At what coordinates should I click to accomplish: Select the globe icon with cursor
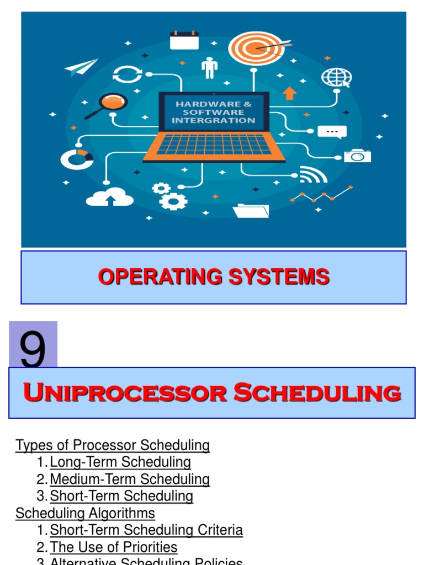click(x=336, y=77)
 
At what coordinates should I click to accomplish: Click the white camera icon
click(x=357, y=156)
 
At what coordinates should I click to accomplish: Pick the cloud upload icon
click(x=110, y=196)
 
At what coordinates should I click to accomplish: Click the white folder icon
click(x=251, y=211)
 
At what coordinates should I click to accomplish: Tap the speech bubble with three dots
click(x=332, y=132)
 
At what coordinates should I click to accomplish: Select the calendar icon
click(x=184, y=40)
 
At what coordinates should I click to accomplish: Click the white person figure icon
click(x=209, y=68)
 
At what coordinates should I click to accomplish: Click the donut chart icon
click(x=77, y=159)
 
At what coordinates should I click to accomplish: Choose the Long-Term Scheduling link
click(x=120, y=462)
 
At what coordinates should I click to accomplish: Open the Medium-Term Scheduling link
click(x=130, y=479)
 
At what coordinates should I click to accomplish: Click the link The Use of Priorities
click(x=114, y=547)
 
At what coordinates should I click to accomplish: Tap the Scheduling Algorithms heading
click(x=85, y=513)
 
